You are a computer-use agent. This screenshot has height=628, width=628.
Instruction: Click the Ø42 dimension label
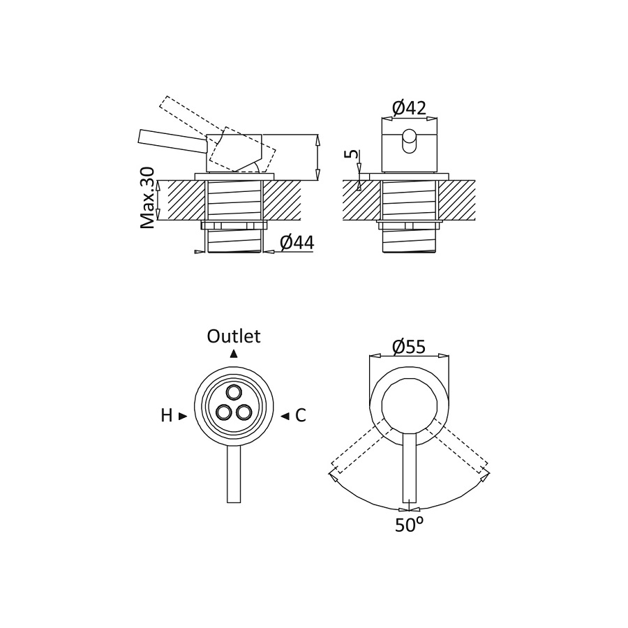click(x=409, y=108)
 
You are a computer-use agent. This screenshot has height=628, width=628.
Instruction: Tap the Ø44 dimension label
click(x=297, y=243)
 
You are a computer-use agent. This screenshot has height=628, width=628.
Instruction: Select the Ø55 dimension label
click(x=409, y=346)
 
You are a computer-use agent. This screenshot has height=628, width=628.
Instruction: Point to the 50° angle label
click(x=409, y=525)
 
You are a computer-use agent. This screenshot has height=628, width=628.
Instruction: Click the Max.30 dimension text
click(x=148, y=198)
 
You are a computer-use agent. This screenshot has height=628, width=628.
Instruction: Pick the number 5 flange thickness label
click(x=352, y=154)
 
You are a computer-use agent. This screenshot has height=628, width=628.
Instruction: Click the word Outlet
click(x=234, y=336)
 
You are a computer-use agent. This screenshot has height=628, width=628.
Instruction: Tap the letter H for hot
click(x=167, y=416)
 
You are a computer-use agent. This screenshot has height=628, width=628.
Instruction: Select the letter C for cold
click(x=300, y=416)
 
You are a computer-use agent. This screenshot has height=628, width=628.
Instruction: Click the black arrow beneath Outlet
click(x=234, y=353)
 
